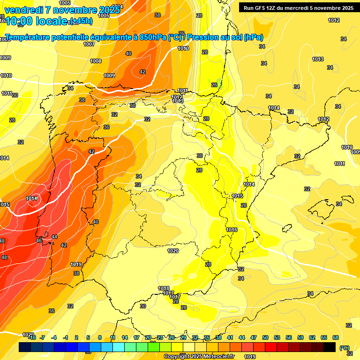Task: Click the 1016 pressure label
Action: (232, 230)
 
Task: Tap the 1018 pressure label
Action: (164, 288)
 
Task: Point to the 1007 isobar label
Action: (89, 44)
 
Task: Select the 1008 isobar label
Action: (96, 61)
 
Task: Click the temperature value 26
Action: (214, 85)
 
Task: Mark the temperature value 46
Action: (39, 240)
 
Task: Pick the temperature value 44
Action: (54, 237)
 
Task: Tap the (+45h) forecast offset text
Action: (81, 21)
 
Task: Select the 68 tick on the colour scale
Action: (336, 337)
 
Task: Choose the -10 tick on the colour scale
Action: (31, 337)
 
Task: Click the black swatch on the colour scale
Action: (330, 347)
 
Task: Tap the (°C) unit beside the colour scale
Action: (345, 347)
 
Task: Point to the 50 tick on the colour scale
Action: (265, 337)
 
